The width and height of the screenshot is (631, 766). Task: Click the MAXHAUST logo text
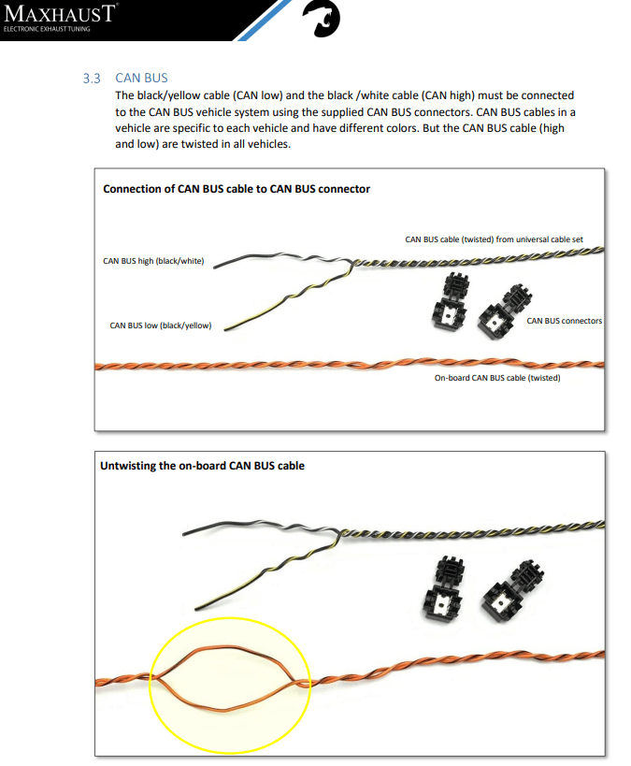coord(60,13)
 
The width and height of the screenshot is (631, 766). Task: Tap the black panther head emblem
coord(321,19)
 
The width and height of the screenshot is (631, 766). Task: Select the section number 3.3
coord(92,79)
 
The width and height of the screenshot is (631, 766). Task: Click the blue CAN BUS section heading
coord(141,78)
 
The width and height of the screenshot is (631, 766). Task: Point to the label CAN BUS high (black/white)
coord(153,261)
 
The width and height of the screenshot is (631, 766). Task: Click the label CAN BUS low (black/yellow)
coord(160,325)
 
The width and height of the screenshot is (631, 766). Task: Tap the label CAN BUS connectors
coord(564,321)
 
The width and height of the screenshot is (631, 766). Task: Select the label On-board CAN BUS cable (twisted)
coord(497,378)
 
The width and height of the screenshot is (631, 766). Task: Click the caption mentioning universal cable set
coord(494,239)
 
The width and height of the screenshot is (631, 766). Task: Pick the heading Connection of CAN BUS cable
coord(237,189)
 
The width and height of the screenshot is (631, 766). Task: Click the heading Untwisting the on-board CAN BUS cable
coord(202,466)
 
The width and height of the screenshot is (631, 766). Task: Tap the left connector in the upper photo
coord(451,300)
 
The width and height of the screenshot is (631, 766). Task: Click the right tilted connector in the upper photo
coord(504,312)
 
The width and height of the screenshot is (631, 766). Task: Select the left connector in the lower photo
coord(442,588)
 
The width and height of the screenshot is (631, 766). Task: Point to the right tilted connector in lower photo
coord(512,592)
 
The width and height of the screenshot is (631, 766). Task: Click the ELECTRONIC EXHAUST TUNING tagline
coord(47,29)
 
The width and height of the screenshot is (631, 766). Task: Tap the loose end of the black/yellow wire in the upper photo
coord(225,330)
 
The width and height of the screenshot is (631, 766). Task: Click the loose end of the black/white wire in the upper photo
coord(215,267)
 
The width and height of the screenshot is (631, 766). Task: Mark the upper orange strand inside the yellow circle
coord(230,649)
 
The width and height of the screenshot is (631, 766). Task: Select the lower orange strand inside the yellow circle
coord(224,709)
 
